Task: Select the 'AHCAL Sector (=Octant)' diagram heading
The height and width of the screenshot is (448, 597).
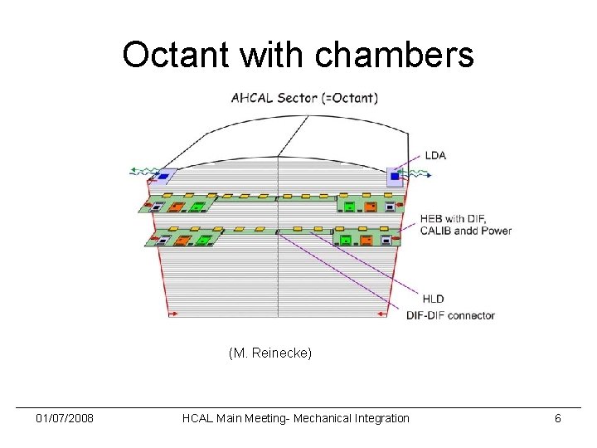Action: coord(304,98)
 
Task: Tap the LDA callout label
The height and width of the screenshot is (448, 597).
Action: coord(434,155)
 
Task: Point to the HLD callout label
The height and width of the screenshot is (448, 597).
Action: coord(433,299)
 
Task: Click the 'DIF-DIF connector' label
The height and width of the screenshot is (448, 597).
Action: coord(450,315)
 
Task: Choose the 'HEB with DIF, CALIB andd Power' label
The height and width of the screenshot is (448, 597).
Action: coord(465,225)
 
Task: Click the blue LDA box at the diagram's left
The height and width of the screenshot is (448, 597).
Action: coord(164,175)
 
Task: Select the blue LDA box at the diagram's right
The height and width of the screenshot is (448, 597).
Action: coord(395,176)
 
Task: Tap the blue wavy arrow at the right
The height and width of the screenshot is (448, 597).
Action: coord(418,176)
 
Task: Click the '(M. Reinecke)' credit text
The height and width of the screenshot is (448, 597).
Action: coord(270,353)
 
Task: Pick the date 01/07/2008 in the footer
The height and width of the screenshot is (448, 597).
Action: coord(65,418)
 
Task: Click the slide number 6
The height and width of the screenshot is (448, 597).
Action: coord(557,418)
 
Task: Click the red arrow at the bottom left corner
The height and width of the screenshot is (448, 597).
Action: coord(174,314)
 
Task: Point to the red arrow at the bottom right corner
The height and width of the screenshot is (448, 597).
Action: coord(381,314)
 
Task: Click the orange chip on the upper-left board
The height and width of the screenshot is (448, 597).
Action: coord(177,207)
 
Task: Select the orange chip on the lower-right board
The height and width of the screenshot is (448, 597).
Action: coord(366,241)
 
